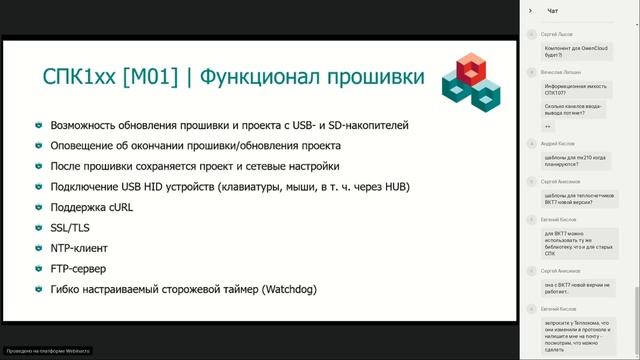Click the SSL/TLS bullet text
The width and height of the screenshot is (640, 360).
pos(71,228)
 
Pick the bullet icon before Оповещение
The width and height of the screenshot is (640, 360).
pos(38,146)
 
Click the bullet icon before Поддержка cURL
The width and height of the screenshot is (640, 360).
pos(38,207)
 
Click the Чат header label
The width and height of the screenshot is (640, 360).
pos(552,11)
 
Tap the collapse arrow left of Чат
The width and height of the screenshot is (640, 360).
pos(531,11)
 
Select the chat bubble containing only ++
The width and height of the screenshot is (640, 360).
pos(548,126)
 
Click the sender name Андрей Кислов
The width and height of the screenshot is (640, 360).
pos(559,144)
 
